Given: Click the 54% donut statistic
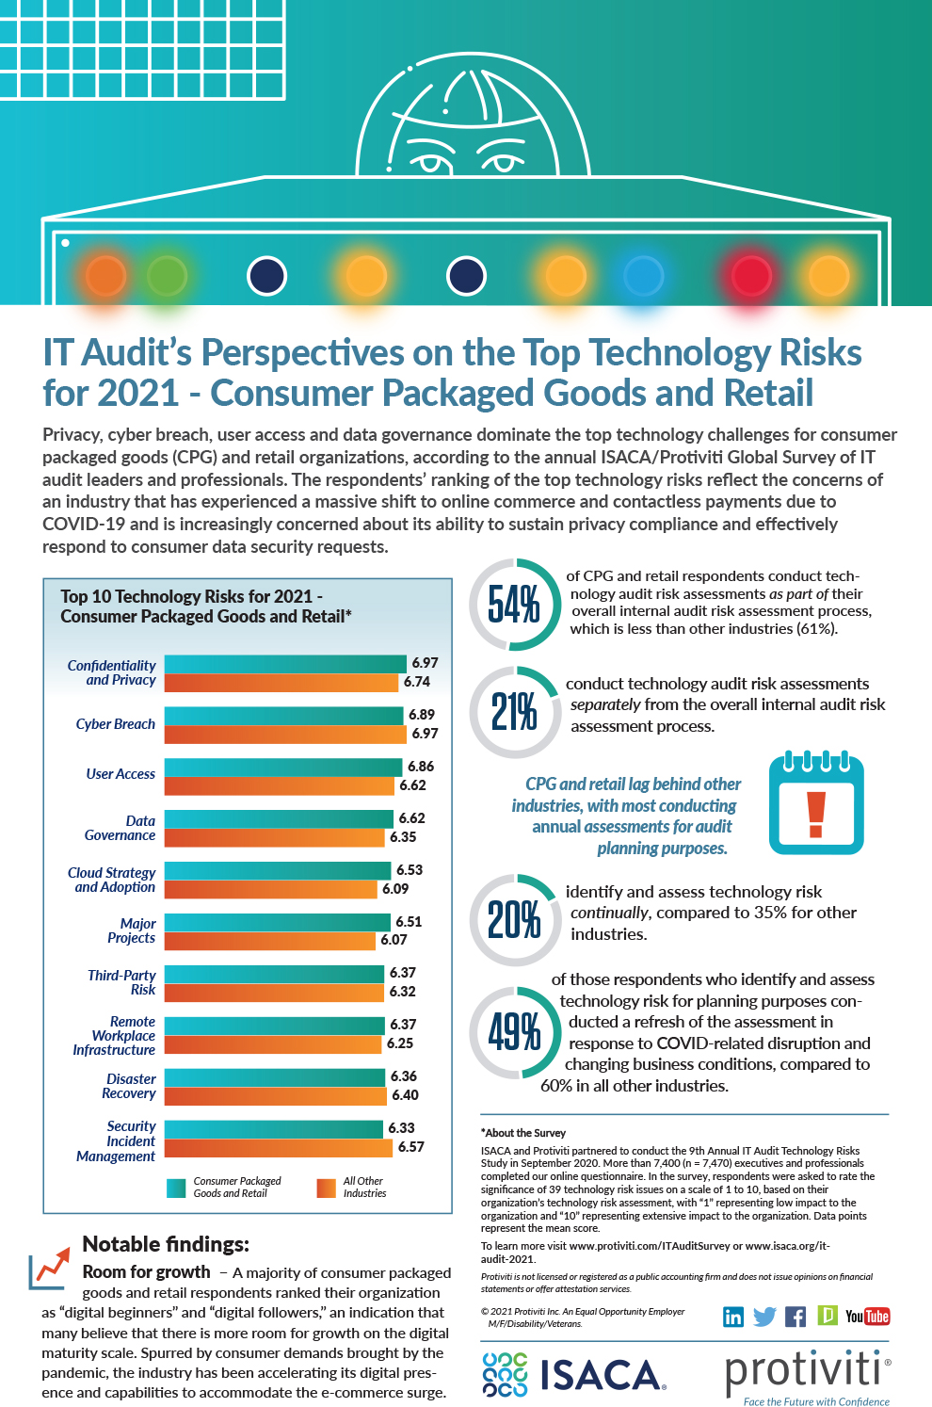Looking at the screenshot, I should (514, 605).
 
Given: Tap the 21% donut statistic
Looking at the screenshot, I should (514, 712).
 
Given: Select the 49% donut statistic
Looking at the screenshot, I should (514, 1032).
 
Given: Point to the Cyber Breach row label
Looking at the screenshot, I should (115, 724).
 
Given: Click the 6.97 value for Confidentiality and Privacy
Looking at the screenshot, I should (425, 663).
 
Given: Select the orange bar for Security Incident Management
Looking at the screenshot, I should (278, 1147).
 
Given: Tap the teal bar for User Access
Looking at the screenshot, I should (282, 767).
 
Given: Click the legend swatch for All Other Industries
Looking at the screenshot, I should (326, 1188).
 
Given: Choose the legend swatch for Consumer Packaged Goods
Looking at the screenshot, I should (176, 1188).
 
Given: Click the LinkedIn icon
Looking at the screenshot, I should (733, 1317).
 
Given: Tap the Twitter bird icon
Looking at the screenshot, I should (764, 1317).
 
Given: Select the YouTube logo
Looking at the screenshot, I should (867, 1317).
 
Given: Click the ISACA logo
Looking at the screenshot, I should (573, 1375).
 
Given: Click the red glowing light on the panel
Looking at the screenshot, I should (750, 276).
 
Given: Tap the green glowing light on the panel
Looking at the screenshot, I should (168, 276).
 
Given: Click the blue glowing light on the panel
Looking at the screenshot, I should (644, 276).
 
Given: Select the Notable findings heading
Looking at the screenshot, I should (166, 1244).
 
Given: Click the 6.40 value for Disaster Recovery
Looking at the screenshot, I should (405, 1095).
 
